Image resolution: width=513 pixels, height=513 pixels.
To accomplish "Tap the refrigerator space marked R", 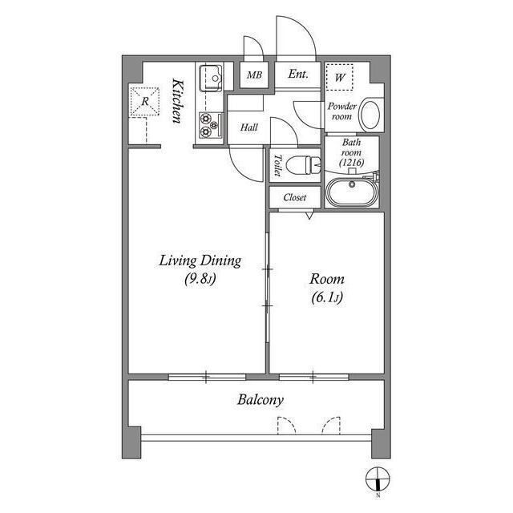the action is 145,102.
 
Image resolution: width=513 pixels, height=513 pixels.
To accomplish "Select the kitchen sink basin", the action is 211,78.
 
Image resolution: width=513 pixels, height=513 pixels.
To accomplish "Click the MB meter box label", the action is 255,75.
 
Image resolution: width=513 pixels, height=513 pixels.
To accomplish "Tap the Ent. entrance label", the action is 298,74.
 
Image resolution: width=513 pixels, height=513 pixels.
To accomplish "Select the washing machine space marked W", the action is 340,77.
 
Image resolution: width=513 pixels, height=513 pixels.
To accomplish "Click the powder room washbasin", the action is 371,115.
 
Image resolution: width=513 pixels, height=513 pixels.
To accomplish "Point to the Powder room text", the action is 342,111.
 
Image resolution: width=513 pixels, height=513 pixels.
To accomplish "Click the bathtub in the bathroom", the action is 352,192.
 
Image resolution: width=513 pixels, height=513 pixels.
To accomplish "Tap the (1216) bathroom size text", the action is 352,162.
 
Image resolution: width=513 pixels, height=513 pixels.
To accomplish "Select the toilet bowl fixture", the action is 303,165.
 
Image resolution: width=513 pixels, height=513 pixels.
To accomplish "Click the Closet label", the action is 295,197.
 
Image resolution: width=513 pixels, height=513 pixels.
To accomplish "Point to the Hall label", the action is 249,127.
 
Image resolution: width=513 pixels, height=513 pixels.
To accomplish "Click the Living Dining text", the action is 200,261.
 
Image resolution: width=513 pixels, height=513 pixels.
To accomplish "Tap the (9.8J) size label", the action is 200,279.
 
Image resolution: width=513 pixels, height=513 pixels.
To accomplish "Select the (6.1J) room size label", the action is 327,297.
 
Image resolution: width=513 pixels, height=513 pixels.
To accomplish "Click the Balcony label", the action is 261,400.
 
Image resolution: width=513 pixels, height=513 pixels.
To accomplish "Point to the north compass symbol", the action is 378,479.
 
